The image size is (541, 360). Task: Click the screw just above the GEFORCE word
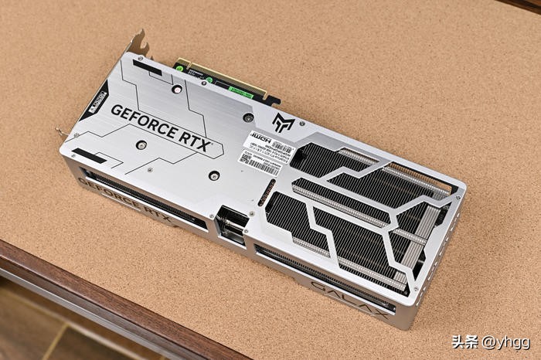(x=177, y=90)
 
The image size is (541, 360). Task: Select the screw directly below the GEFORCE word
(x=141, y=144)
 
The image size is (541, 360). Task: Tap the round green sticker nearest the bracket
(x=179, y=66)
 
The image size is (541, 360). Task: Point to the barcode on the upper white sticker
(x=282, y=147)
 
